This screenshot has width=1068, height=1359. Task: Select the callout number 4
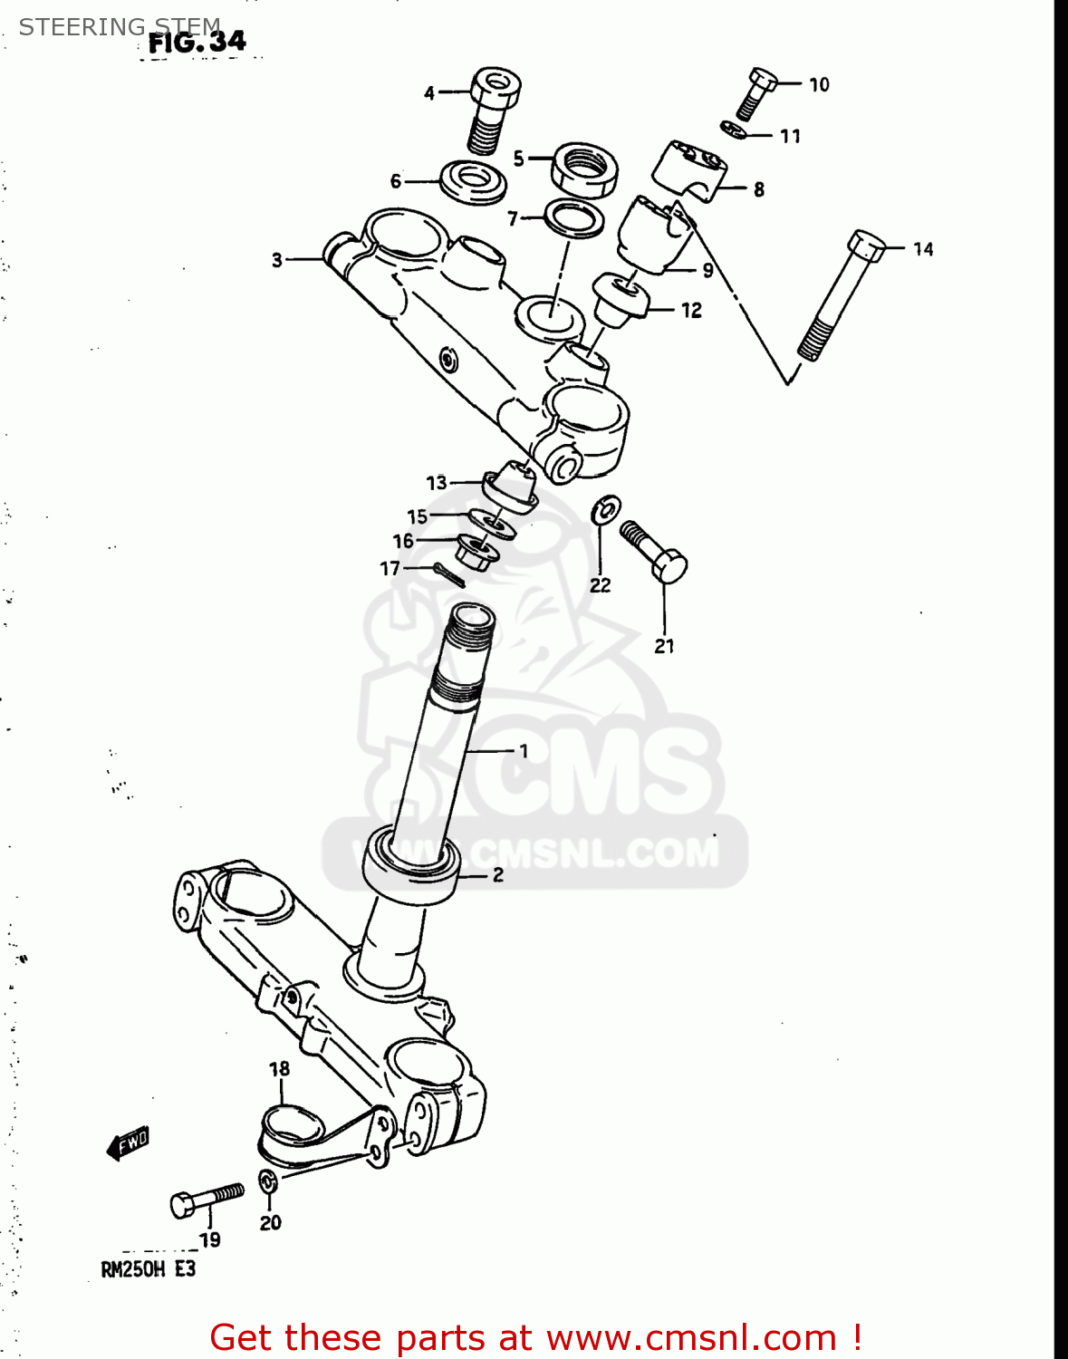pos(429,92)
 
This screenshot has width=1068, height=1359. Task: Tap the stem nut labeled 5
pos(584,168)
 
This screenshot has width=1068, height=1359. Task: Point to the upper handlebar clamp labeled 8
pos(691,169)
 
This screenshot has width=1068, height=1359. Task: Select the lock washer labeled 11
pos(735,130)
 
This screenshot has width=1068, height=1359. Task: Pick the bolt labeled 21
pos(654,550)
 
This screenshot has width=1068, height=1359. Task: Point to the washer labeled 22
pos(605,510)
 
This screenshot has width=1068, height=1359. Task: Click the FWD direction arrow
pos(127,1143)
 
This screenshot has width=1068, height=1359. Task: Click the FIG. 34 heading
pos(197,43)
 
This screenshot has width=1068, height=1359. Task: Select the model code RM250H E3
pos(148,1269)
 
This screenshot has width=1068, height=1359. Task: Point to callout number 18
pos(279,1069)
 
